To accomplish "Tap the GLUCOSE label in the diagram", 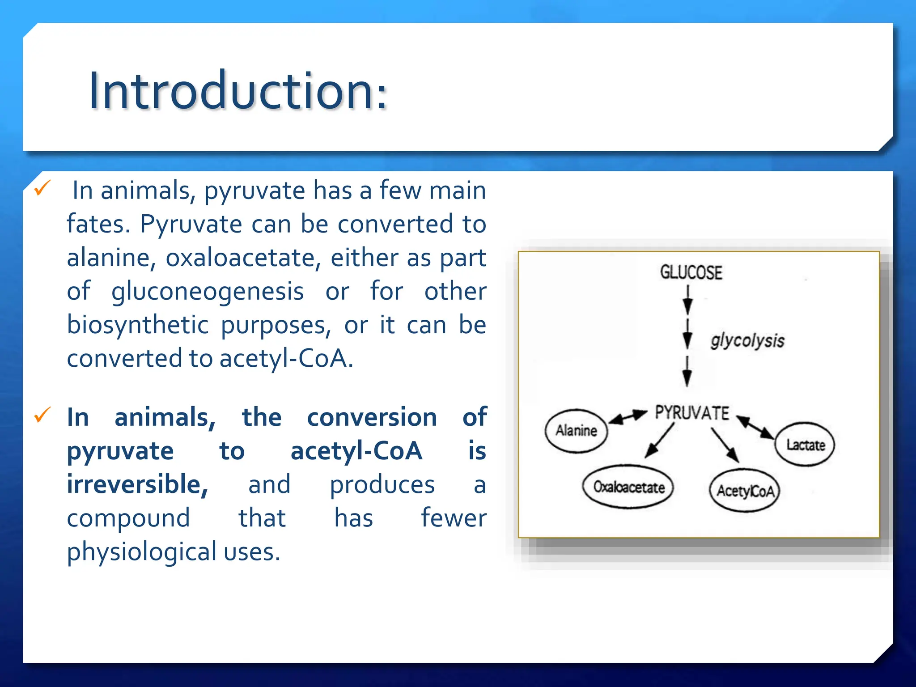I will (x=691, y=272).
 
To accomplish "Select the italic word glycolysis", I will (x=747, y=341).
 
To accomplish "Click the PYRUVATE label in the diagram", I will (x=692, y=412).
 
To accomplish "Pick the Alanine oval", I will (x=576, y=431).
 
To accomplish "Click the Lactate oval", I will (x=805, y=445).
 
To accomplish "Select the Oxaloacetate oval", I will (x=628, y=487).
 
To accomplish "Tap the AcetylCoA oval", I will (x=745, y=491).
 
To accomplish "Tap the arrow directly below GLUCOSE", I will (x=688, y=300).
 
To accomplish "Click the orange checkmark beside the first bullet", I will (x=43, y=188).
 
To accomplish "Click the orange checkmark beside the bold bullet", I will (x=43, y=415).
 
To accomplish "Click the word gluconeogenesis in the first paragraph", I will (x=208, y=292).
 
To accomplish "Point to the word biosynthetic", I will (x=137, y=325).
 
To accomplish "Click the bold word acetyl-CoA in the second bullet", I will (x=356, y=451).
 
